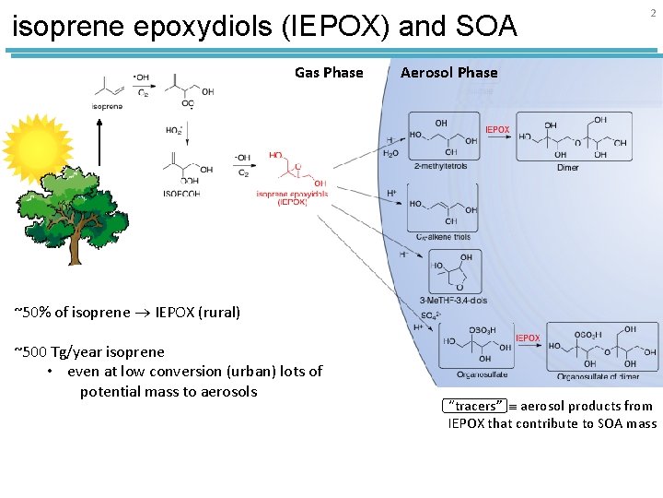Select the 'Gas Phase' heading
(329, 73)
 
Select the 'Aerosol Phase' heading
(448, 73)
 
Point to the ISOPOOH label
(181, 193)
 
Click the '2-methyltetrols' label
(442, 166)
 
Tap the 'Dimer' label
(568, 167)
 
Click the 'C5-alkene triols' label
(443, 237)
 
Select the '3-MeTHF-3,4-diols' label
(453, 302)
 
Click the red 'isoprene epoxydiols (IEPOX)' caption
(292, 197)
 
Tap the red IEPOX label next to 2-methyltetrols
(497, 130)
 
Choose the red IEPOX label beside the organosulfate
(528, 338)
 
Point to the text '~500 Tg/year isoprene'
(89, 351)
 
